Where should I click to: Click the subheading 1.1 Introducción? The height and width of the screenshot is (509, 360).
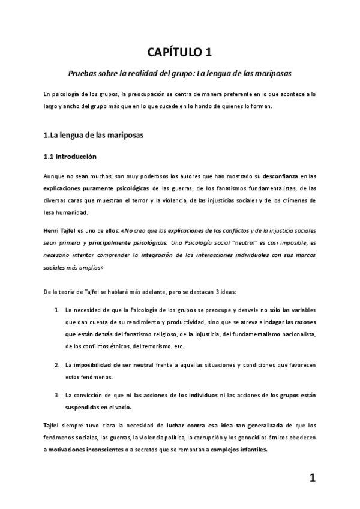pos(71,157)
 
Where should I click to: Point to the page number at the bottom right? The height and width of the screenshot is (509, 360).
pos(312,478)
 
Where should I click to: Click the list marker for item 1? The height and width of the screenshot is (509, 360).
pos(56,310)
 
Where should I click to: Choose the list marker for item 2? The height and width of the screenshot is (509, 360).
pos(56,365)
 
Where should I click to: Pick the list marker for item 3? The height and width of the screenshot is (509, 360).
pos(56,395)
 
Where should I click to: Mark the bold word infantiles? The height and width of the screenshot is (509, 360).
pos(249,450)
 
